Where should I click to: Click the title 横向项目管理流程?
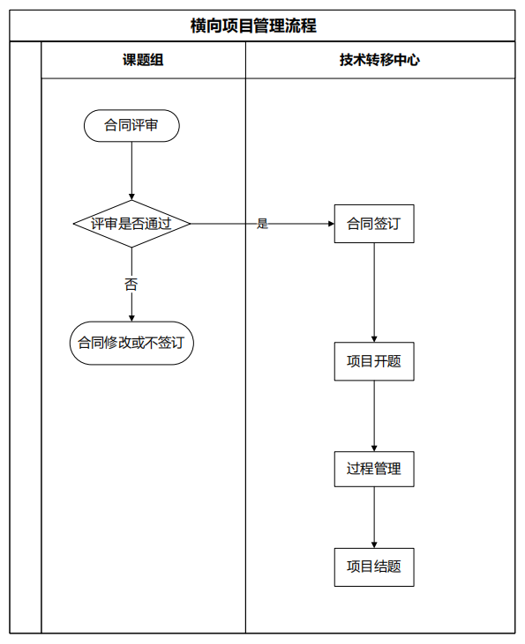pos(253,26)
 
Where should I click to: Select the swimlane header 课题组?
pos(143,60)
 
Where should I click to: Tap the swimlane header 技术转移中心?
pos(379,60)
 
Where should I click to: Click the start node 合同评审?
pos(131,126)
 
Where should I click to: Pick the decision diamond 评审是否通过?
pos(131,224)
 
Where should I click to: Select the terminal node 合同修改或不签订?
pos(131,343)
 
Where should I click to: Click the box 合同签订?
pos(374,224)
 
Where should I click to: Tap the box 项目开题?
pos(374,361)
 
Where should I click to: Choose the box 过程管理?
pos(374,469)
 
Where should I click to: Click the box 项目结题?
pos(374,567)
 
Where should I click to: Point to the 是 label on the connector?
pos(263,224)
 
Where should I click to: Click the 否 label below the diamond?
pos(131,285)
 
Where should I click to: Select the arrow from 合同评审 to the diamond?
pos(131,171)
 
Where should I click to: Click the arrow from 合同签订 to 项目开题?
pos(374,292)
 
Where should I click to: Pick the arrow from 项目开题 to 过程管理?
pos(374,416)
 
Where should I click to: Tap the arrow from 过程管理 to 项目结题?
pos(374,517)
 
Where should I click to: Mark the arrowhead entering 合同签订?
pos(331,224)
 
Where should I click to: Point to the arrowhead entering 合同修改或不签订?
pos(131,318)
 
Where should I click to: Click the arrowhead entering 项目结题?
pos(374,544)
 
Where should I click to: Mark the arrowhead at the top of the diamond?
pos(131,196)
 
